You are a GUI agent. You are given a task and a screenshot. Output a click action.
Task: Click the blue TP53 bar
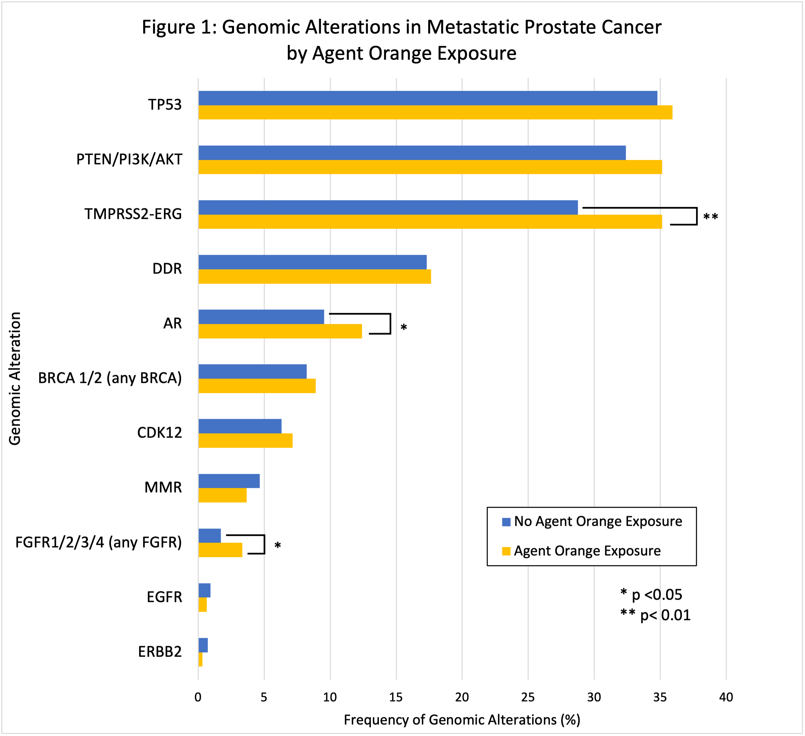pos(427,98)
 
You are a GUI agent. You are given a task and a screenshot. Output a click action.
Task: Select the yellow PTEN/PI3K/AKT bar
pos(429,167)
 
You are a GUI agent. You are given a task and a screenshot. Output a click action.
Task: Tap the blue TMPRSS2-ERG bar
pos(388,207)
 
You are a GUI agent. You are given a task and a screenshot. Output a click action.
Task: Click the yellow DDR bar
pos(314,277)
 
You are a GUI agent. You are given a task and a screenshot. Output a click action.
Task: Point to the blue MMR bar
pos(229,481)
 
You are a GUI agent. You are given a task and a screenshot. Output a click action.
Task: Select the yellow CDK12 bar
pos(245,441)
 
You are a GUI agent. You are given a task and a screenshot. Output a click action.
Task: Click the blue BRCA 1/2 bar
pos(252,372)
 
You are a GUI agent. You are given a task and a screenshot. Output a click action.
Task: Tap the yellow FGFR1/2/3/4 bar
pos(220,550)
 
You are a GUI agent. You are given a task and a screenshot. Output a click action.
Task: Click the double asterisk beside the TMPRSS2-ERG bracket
pos(710,218)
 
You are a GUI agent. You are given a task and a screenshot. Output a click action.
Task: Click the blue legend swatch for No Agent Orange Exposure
pos(506,522)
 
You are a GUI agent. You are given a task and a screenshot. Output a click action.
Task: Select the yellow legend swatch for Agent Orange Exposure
pos(506,552)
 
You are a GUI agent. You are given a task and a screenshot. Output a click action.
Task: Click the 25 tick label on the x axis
pos(528,697)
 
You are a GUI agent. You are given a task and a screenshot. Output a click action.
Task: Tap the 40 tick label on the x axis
pos(726,697)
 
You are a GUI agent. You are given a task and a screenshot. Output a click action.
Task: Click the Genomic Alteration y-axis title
pos(15,378)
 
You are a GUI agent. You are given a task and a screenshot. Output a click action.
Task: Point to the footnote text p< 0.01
pos(665,615)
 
